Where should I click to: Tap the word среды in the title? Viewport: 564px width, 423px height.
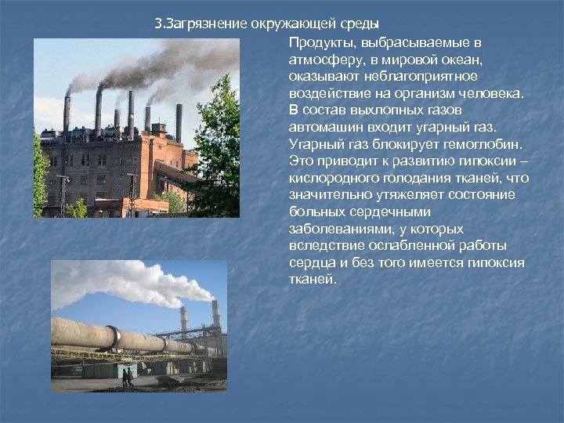[x=360, y=23]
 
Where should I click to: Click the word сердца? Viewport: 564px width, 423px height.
[x=309, y=263]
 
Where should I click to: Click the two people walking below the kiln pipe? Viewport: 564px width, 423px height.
[x=127, y=378]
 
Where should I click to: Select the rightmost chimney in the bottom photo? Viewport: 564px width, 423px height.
[x=215, y=317]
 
